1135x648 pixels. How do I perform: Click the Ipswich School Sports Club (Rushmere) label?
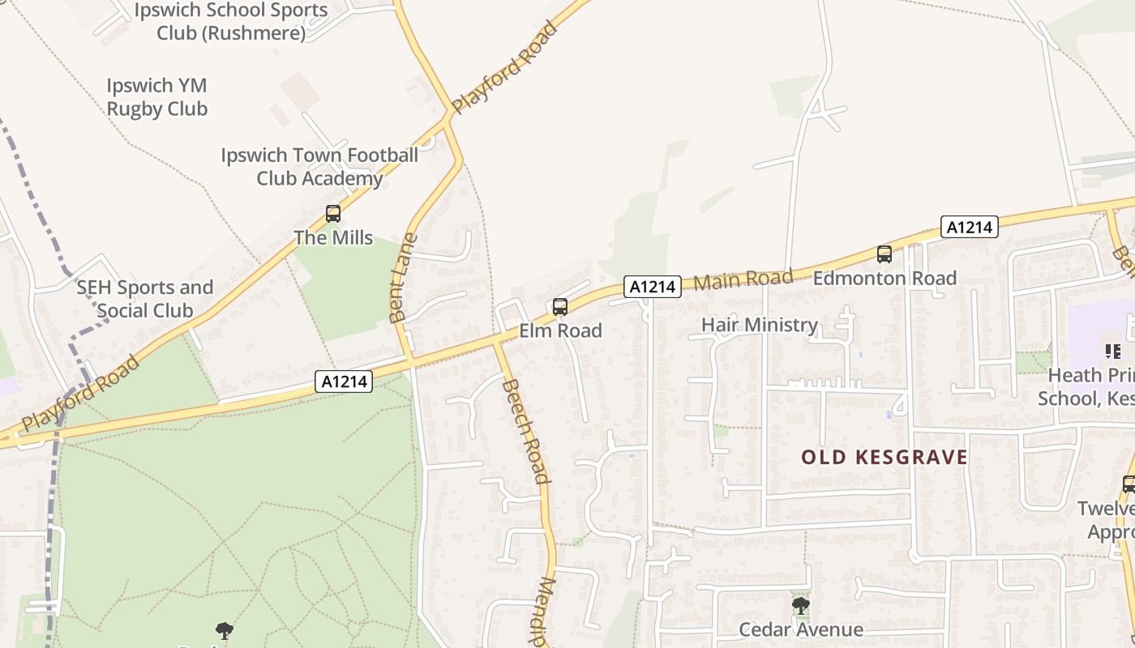pyautogui.click(x=231, y=22)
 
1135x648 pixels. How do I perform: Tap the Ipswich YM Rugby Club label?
pyautogui.click(x=157, y=97)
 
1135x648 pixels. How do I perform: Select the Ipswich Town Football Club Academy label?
pyautogui.click(x=319, y=166)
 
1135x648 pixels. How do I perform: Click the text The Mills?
pyautogui.click(x=333, y=237)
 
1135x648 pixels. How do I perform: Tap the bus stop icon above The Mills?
pyautogui.click(x=333, y=214)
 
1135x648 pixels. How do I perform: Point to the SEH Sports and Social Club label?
pyautogui.click(x=145, y=299)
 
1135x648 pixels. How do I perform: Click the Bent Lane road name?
pyautogui.click(x=403, y=278)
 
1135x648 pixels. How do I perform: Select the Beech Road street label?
pyautogui.click(x=526, y=431)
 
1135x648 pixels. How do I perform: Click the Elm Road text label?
pyautogui.click(x=561, y=330)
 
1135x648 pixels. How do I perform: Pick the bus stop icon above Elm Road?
pyautogui.click(x=560, y=307)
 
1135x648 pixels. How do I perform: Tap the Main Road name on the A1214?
pyautogui.click(x=743, y=280)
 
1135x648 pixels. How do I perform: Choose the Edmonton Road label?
pyautogui.click(x=884, y=278)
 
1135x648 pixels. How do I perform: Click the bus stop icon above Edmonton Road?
pyautogui.click(x=884, y=254)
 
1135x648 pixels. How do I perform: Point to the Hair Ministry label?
pyautogui.click(x=760, y=325)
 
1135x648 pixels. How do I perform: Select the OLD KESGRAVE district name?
pyautogui.click(x=884, y=458)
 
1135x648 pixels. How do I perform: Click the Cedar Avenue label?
pyautogui.click(x=801, y=629)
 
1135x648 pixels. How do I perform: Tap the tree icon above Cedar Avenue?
pyautogui.click(x=800, y=606)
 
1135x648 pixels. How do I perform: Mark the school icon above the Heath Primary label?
pyautogui.click(x=1113, y=352)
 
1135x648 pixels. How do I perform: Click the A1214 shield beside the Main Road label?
pyautogui.click(x=653, y=286)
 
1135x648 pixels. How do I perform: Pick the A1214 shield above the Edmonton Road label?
pyautogui.click(x=970, y=227)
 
